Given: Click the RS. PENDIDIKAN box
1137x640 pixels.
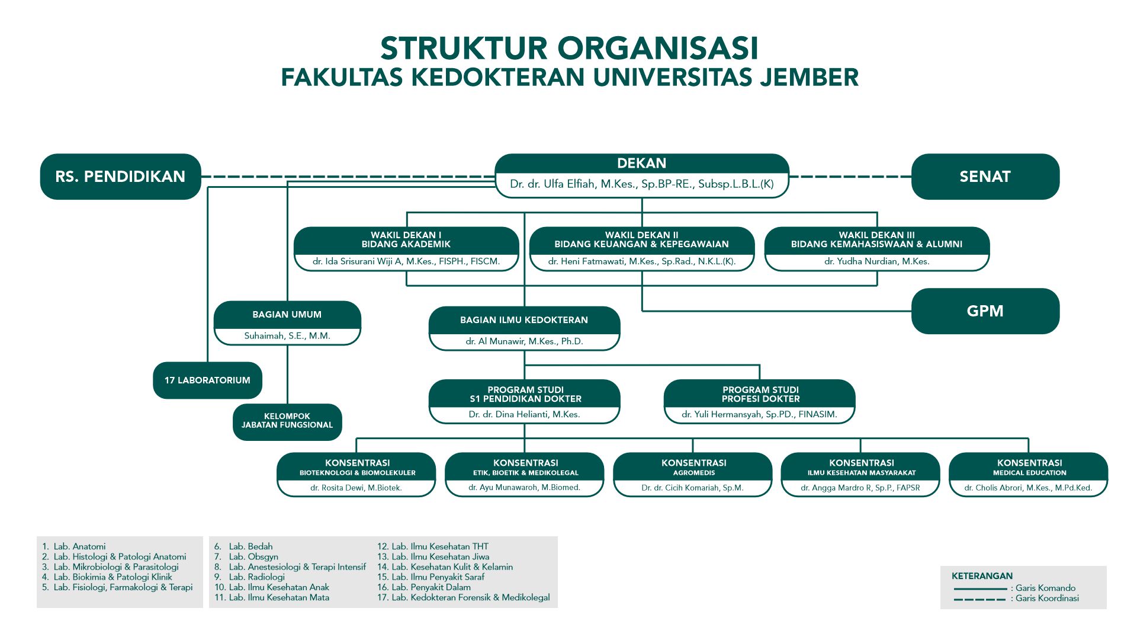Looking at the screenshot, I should coord(120,177).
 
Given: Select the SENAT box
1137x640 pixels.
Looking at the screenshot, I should coord(985,177).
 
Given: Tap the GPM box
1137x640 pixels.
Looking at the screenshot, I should coord(985,311).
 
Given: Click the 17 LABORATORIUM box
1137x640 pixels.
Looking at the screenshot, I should coord(207,380).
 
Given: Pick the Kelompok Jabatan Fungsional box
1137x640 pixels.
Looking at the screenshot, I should coord(287,421).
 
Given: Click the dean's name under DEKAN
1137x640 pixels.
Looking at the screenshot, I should coord(641,184).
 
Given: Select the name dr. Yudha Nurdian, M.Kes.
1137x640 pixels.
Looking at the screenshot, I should coord(876,261).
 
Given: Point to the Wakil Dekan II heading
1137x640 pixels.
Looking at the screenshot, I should coord(641,240).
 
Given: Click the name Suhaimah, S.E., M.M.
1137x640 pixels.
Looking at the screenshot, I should coord(287,336).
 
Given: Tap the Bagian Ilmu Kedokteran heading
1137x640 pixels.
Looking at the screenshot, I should coord(524,320).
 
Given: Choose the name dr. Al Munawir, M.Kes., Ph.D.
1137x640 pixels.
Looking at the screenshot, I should coord(524,341).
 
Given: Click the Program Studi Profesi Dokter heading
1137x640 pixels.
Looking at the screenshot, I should coord(760,394).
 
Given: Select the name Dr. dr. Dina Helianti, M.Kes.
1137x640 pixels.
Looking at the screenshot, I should coord(524,414).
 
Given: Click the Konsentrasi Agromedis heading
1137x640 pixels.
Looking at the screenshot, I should coord(693,467).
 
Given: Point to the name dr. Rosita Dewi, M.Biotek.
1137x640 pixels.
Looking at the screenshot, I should coord(356,488).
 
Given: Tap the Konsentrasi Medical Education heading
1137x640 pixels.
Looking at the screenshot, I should coord(1029,467).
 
